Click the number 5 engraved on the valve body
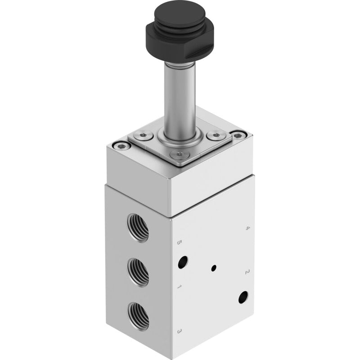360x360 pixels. pyautogui.click(x=180, y=243)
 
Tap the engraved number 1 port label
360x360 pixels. pyautogui.click(x=180, y=287)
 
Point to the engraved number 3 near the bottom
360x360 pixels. pyautogui.click(x=180, y=331)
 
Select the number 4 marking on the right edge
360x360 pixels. pyautogui.click(x=247, y=228)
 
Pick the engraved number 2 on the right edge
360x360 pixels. pyautogui.click(x=247, y=272)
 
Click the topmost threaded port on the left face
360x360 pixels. pyautogui.click(x=138, y=228)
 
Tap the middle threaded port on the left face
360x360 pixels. pyautogui.click(x=138, y=272)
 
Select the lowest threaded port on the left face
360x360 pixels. pyautogui.click(x=139, y=317)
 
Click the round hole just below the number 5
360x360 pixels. pyautogui.click(x=183, y=262)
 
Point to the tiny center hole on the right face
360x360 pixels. pyautogui.click(x=214, y=268)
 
